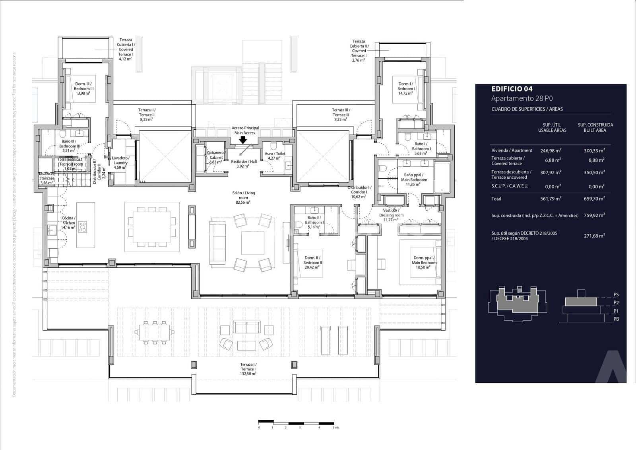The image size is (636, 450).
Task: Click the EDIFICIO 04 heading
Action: click(x=512, y=89)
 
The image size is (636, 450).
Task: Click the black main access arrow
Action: click(x=242, y=140)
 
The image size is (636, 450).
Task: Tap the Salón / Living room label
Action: click(x=244, y=197)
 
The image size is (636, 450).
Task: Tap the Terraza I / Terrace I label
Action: click(x=248, y=369)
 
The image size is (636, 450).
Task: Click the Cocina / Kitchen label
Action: click(x=68, y=222)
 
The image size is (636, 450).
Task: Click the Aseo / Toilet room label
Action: click(x=275, y=156)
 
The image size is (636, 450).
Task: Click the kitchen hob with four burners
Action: click(x=83, y=227)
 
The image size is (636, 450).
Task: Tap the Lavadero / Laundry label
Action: click(x=120, y=162)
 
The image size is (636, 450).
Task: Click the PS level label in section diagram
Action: click(x=616, y=295)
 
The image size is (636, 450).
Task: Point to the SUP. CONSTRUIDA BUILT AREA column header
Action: click(x=595, y=127)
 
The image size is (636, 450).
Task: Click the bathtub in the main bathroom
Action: click(x=442, y=177)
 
